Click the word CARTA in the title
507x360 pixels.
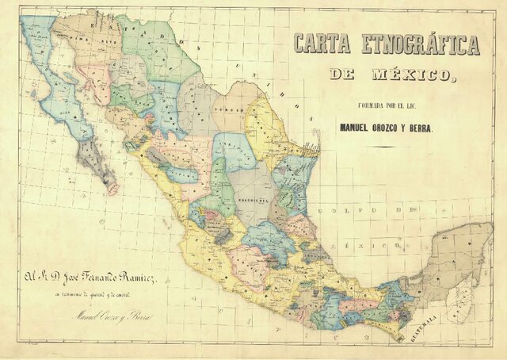(x=322, y=44)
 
